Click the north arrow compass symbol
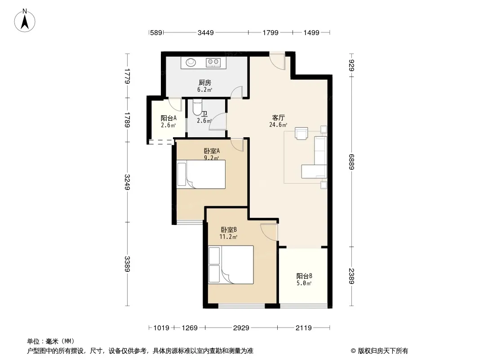25,21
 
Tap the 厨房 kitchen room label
204,83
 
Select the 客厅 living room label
278,117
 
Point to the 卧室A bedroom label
212,151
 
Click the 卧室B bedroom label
229,229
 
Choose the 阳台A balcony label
169,118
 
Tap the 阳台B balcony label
304,276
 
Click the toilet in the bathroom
197,108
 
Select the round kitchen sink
191,62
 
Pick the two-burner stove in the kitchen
213,63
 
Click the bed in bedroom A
201,174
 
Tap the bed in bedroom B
231,265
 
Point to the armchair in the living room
301,133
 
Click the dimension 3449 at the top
206,32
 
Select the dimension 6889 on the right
351,162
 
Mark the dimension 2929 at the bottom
241,328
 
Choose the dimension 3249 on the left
127,182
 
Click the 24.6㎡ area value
278,125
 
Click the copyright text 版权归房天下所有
383,351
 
